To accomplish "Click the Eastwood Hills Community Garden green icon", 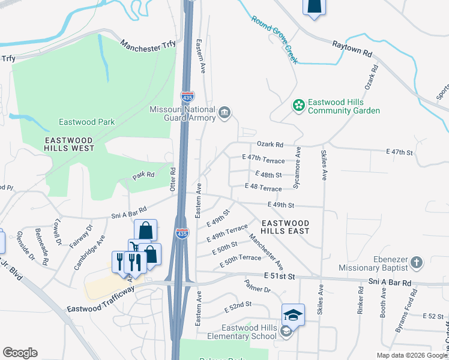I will pyautogui.click(x=298, y=106).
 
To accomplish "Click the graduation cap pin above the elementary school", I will pyautogui.click(x=293, y=315).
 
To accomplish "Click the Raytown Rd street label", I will pyautogui.click(x=352, y=48).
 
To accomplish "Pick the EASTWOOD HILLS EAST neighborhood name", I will pyautogui.click(x=285, y=226).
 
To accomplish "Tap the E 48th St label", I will pyautogui.click(x=268, y=175).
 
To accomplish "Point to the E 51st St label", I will pyautogui.click(x=280, y=276).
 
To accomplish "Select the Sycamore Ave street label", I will pyautogui.click(x=297, y=170).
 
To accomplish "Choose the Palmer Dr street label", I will pyautogui.click(x=258, y=290).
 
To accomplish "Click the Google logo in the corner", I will pyautogui.click(x=20, y=353).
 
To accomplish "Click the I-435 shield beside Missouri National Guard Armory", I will pyautogui.click(x=187, y=97).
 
